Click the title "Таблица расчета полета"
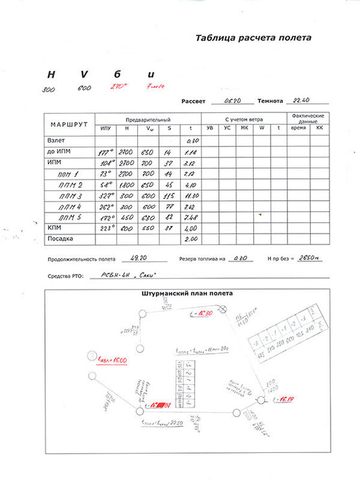pyautogui.click(x=253, y=38)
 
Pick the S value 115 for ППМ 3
pyautogui.click(x=171, y=195)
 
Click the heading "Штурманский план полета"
pyautogui.click(x=187, y=294)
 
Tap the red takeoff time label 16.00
pyautogui.click(x=112, y=360)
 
